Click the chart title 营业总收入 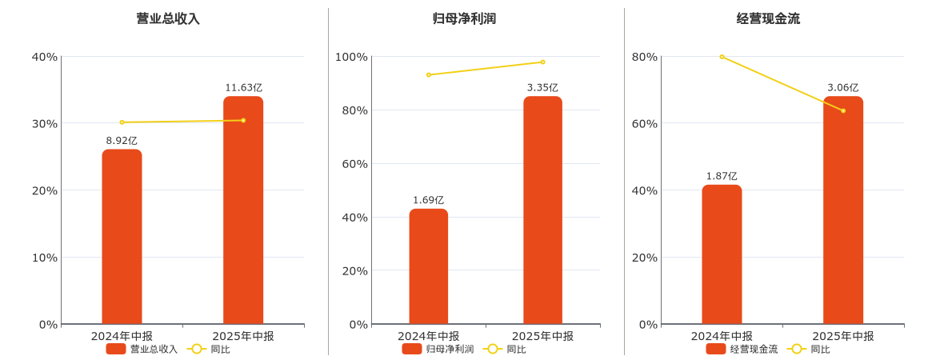coord(168,18)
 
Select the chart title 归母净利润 coord(464,18)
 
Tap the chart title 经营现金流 coord(768,18)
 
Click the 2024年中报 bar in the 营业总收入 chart coord(122,237)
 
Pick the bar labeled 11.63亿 coord(243,210)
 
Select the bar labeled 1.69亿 coord(429,266)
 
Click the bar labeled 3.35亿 coord(542,210)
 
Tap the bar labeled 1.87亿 coord(722,254)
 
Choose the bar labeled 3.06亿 coord(843,210)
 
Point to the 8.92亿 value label coord(122,141)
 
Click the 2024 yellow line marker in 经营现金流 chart coord(722,57)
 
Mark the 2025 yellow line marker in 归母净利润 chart coord(542,62)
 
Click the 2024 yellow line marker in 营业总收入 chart coord(122,122)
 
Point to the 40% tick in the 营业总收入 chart coord(44,57)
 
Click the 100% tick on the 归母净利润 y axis coord(351,57)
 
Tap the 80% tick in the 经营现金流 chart coord(644,57)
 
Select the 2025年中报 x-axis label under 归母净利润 coord(542,336)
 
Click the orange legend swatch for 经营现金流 coord(715,349)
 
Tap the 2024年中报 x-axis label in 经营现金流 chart coord(722,336)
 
